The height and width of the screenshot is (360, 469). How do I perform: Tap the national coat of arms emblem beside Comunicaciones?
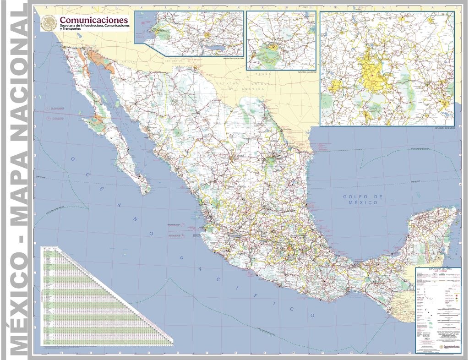(x=49, y=22)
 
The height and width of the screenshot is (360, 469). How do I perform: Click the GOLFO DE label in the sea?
(x=362, y=196)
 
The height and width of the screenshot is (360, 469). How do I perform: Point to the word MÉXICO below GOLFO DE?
(x=365, y=202)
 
